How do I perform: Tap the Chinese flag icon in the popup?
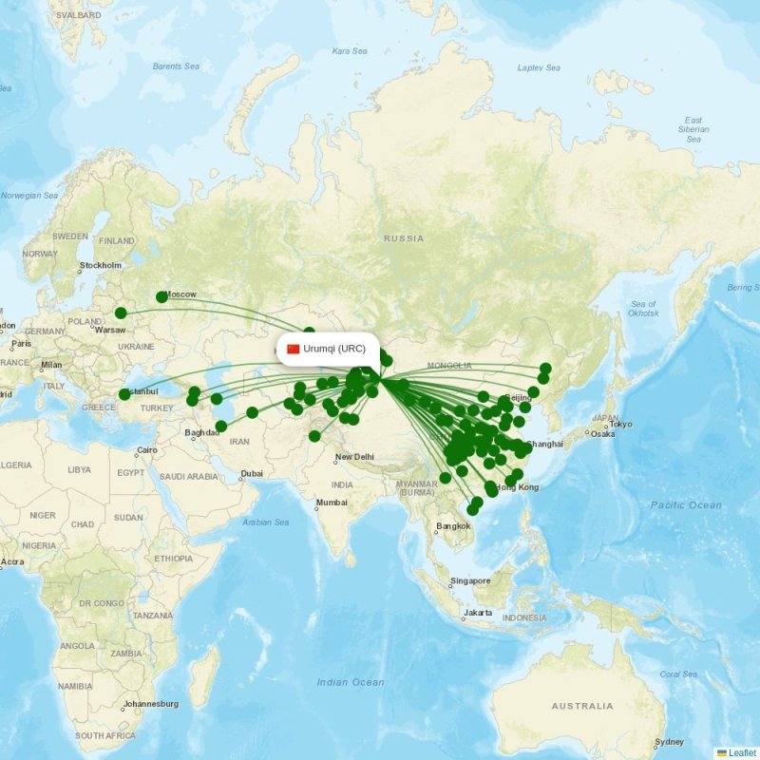[x=293, y=349]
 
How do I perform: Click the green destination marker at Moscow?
[x=161, y=297]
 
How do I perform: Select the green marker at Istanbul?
[x=124, y=394]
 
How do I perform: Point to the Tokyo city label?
[x=620, y=425]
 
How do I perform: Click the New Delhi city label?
[x=354, y=457]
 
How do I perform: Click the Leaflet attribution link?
[x=742, y=752]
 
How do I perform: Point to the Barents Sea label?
[x=177, y=66]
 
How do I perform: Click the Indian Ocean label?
[x=351, y=682]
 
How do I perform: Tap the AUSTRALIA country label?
[x=582, y=706]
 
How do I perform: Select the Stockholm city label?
[x=101, y=265]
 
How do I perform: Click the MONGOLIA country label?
[x=449, y=366]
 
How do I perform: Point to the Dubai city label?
[x=252, y=473]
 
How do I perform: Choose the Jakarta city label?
[x=477, y=613]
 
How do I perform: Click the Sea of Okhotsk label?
[x=643, y=308]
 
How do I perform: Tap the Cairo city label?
[x=146, y=450]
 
